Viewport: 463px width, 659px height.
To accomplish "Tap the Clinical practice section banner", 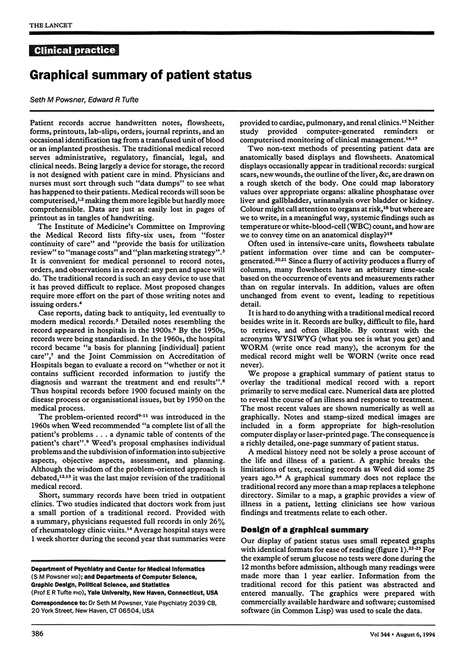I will point(75,51).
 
